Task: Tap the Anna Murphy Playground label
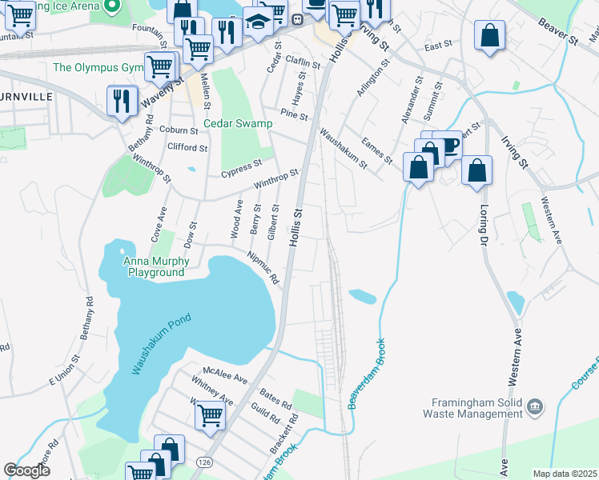coord(157,267)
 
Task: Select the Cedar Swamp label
coord(238,124)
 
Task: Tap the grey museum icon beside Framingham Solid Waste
coord(534,408)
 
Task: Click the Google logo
coord(27,470)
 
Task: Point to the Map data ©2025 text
coord(564,474)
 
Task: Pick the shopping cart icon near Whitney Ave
coord(209,414)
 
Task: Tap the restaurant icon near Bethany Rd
coord(121,99)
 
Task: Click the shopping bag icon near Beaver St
coord(488,35)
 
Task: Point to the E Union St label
coord(63,374)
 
